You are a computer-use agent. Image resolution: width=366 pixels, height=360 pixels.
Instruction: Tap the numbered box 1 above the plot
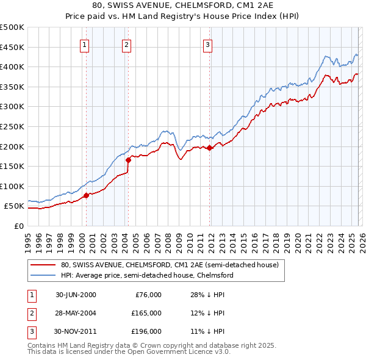[x=84, y=44]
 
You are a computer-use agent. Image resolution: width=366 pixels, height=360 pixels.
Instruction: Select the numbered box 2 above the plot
[x=126, y=44]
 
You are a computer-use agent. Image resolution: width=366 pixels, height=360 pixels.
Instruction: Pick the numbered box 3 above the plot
[x=207, y=44]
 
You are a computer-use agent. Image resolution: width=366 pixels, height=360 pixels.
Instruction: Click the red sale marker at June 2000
[x=87, y=195]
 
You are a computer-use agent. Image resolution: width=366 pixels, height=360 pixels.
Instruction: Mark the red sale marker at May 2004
[x=129, y=160]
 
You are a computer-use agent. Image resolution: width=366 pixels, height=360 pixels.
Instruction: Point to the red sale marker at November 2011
[x=210, y=148]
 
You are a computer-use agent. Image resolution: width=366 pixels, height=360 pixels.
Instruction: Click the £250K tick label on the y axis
[x=12, y=126]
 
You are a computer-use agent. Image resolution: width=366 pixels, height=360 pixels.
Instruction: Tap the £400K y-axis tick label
[x=12, y=67]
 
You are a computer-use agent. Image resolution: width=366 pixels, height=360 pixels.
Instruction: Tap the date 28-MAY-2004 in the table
[x=76, y=313]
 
